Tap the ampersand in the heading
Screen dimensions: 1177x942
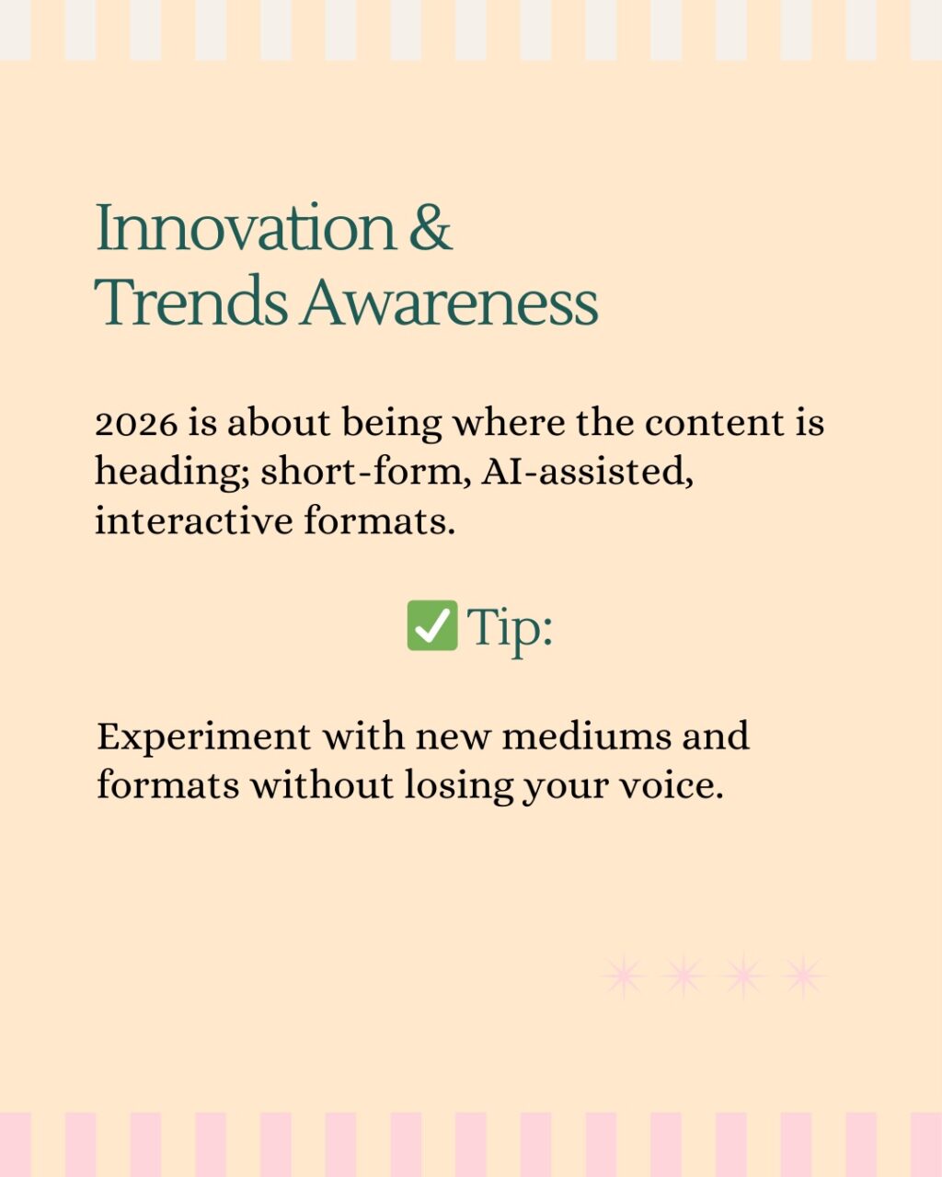(430, 227)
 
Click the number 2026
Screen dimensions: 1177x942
(135, 424)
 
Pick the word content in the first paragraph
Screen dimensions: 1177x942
(715, 423)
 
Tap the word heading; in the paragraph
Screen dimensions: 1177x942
(171, 473)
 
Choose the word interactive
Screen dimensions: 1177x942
(193, 520)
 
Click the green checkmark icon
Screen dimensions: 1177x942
(431, 625)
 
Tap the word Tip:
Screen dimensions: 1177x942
(510, 627)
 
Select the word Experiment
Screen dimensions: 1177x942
(203, 737)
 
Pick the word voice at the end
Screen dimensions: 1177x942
(672, 785)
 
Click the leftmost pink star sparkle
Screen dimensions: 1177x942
(624, 977)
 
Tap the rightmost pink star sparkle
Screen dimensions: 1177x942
(803, 977)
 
